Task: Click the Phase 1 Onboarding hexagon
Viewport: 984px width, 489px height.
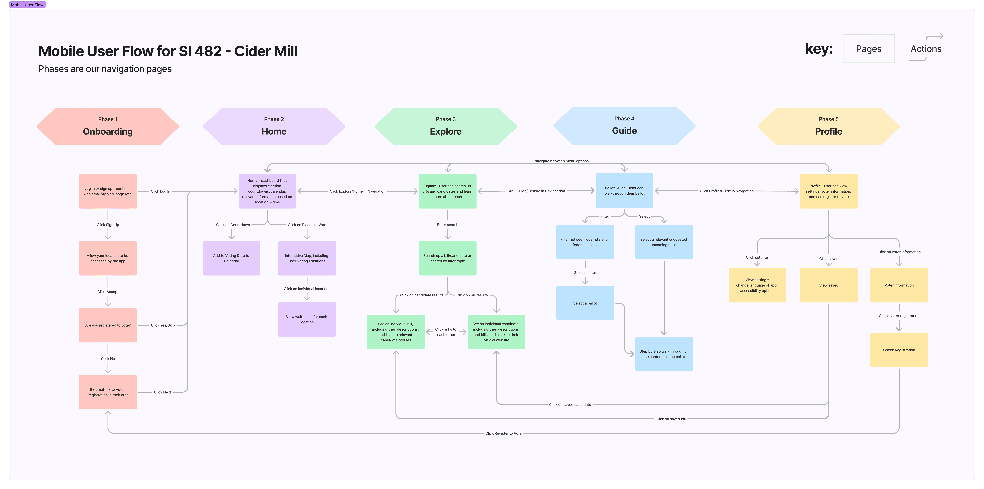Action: pos(108,126)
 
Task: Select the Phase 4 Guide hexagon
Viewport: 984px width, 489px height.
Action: pos(624,126)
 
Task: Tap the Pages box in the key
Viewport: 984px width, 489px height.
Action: pos(869,49)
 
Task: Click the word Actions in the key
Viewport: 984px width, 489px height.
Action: pos(926,49)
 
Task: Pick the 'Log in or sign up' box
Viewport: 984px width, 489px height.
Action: pos(108,191)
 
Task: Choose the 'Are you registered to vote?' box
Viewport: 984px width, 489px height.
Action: pos(108,325)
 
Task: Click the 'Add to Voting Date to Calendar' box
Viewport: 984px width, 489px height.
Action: pos(232,258)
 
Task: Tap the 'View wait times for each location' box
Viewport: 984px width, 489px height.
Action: pos(307,319)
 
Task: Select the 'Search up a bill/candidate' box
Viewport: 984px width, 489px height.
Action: pos(448,258)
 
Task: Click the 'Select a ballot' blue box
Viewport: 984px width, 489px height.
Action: pos(585,303)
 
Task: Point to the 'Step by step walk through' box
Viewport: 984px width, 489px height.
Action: pos(664,354)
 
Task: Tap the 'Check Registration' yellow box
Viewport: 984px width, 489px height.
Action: pos(899,350)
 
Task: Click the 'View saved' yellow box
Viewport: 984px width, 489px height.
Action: pos(829,285)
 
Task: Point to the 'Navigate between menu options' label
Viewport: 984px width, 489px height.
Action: pos(561,161)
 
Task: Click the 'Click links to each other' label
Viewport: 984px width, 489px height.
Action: pos(446,332)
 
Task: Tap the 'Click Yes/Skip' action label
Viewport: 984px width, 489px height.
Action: pos(163,325)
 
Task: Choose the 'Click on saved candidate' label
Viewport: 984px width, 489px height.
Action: pos(570,405)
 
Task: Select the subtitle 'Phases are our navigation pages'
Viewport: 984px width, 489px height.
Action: pos(105,69)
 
